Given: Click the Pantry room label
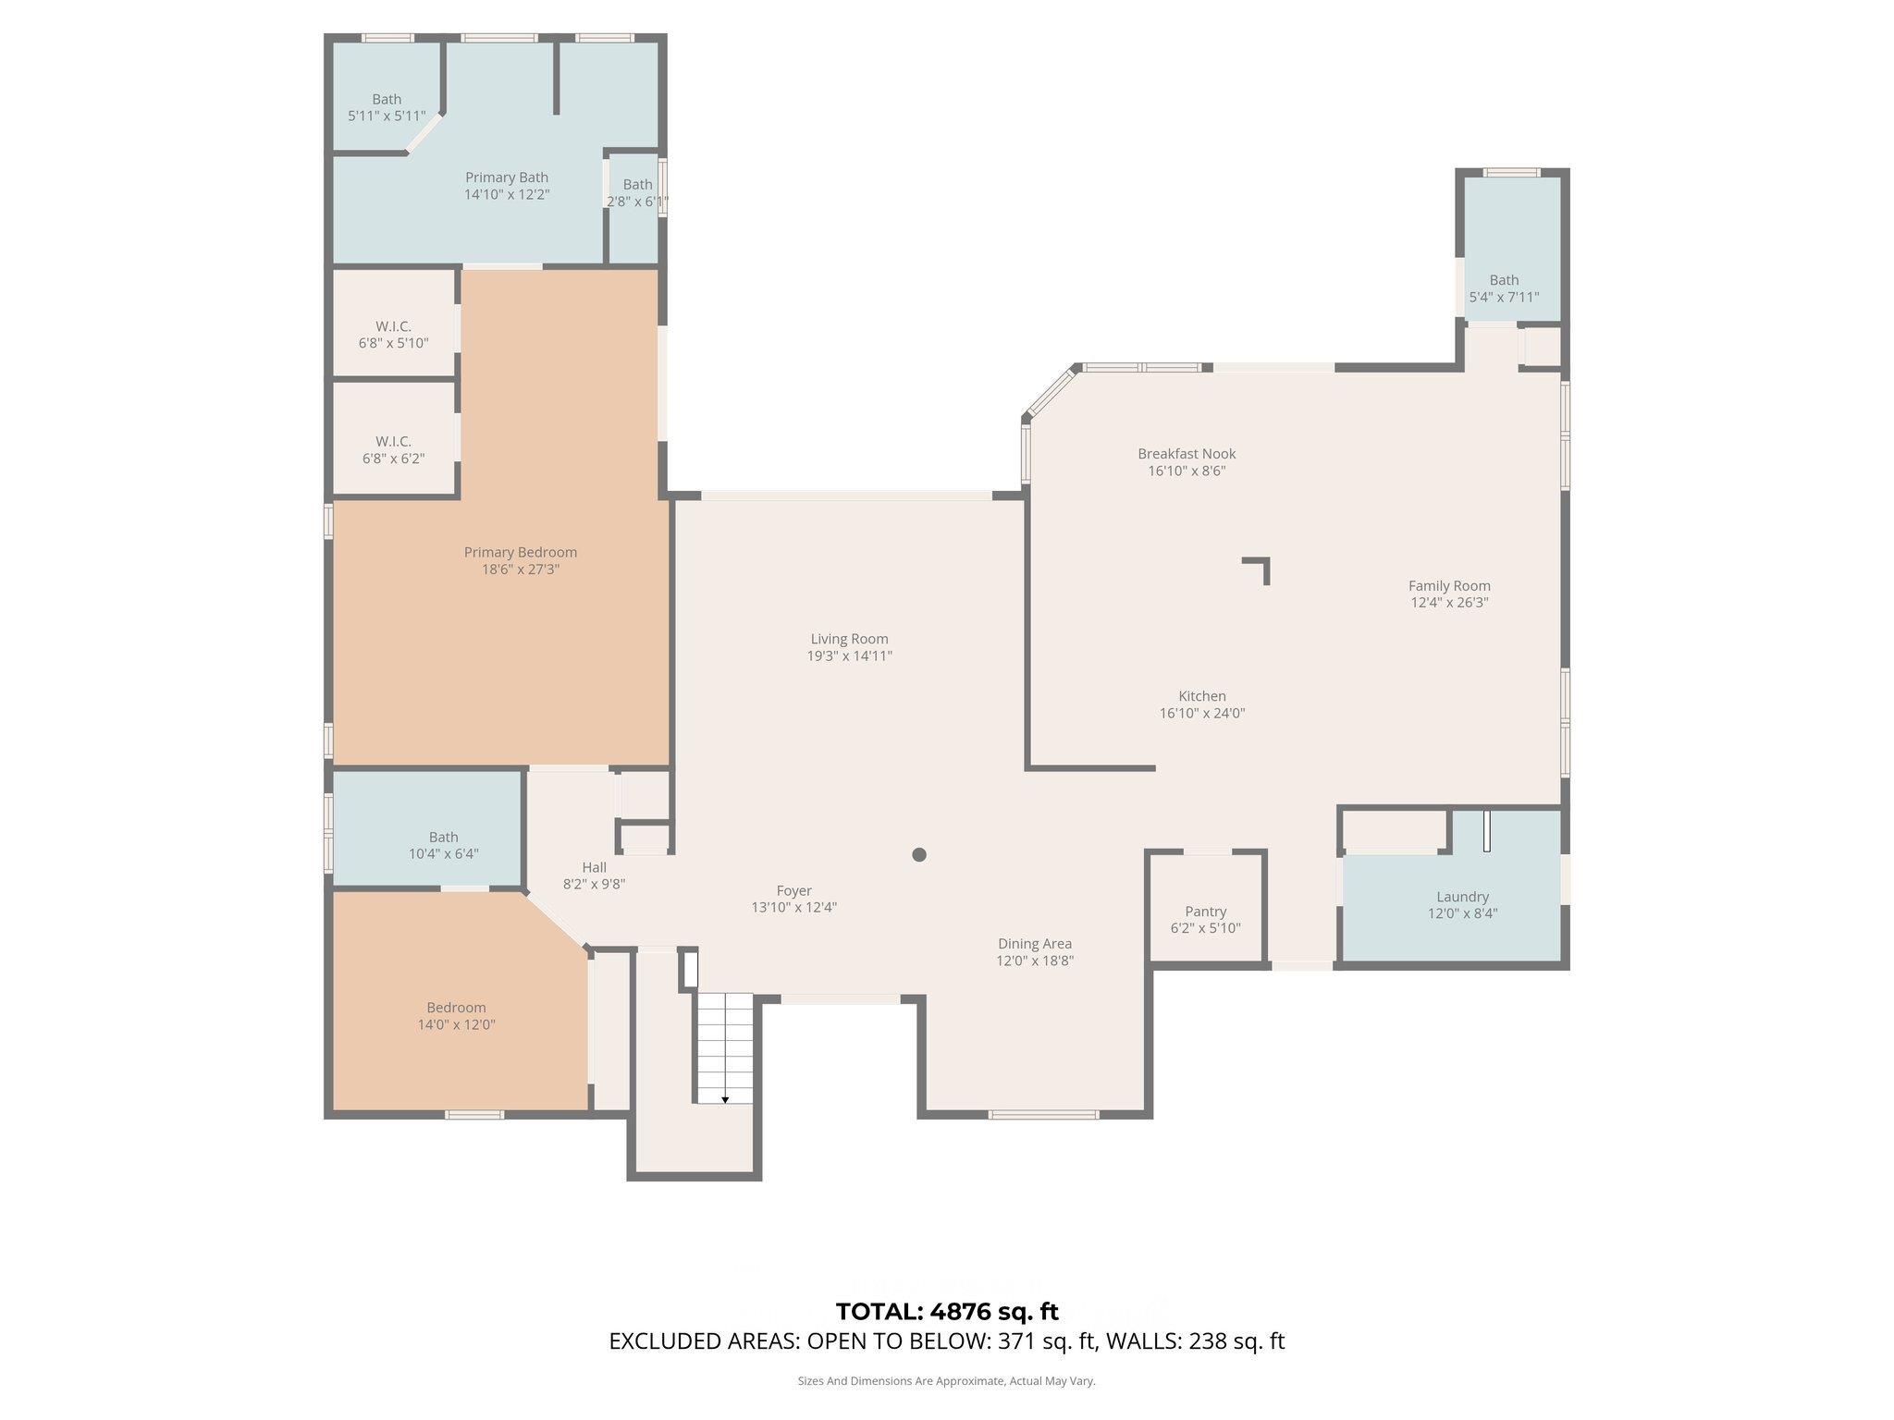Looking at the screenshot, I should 1205,912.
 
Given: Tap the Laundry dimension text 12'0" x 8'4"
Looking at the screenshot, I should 1462,913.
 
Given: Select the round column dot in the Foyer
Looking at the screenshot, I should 919,854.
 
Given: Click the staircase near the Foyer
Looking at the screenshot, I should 725,1047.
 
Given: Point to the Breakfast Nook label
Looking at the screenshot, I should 1187,454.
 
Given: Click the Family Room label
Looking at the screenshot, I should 1448,585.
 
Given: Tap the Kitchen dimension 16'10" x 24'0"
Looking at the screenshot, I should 1201,713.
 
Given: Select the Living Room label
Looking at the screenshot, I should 849,639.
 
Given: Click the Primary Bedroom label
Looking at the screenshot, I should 520,552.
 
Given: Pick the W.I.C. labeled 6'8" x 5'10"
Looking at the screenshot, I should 393,335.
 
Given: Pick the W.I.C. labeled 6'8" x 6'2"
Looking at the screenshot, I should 393,449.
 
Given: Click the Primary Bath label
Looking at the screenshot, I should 506,177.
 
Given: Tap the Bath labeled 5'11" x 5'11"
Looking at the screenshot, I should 387,107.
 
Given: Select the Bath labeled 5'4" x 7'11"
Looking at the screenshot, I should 1504,288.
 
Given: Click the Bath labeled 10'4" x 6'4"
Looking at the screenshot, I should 443,845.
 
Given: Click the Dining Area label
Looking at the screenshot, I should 1034,944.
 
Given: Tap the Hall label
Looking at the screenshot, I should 594,867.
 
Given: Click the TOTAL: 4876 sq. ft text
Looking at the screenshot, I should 947,1311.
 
